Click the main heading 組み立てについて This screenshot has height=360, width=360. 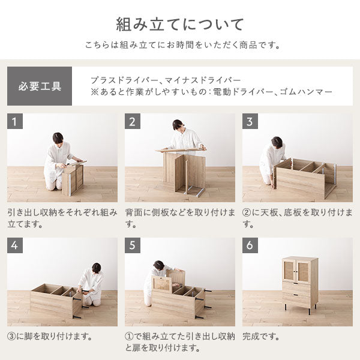coord(179,25)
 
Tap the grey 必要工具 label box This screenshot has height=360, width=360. coord(40,86)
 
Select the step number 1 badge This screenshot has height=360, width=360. coord(15,121)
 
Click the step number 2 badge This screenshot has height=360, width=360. coord(133,121)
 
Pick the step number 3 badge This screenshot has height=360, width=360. coord(250,121)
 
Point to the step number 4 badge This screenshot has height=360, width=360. coord(15,245)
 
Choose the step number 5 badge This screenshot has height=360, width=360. coord(133,245)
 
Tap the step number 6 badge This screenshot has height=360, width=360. coord(250,245)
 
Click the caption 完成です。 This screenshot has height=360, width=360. coord(261,337)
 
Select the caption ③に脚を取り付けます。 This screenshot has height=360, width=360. coord(50,337)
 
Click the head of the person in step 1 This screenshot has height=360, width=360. coord(58,139)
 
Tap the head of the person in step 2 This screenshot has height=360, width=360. coord(179,125)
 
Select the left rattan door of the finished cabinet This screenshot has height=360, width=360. coord(290,272)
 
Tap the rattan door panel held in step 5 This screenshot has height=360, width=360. coord(163,284)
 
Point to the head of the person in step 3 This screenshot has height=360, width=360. coord(277,142)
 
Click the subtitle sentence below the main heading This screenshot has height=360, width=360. coord(183,45)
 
